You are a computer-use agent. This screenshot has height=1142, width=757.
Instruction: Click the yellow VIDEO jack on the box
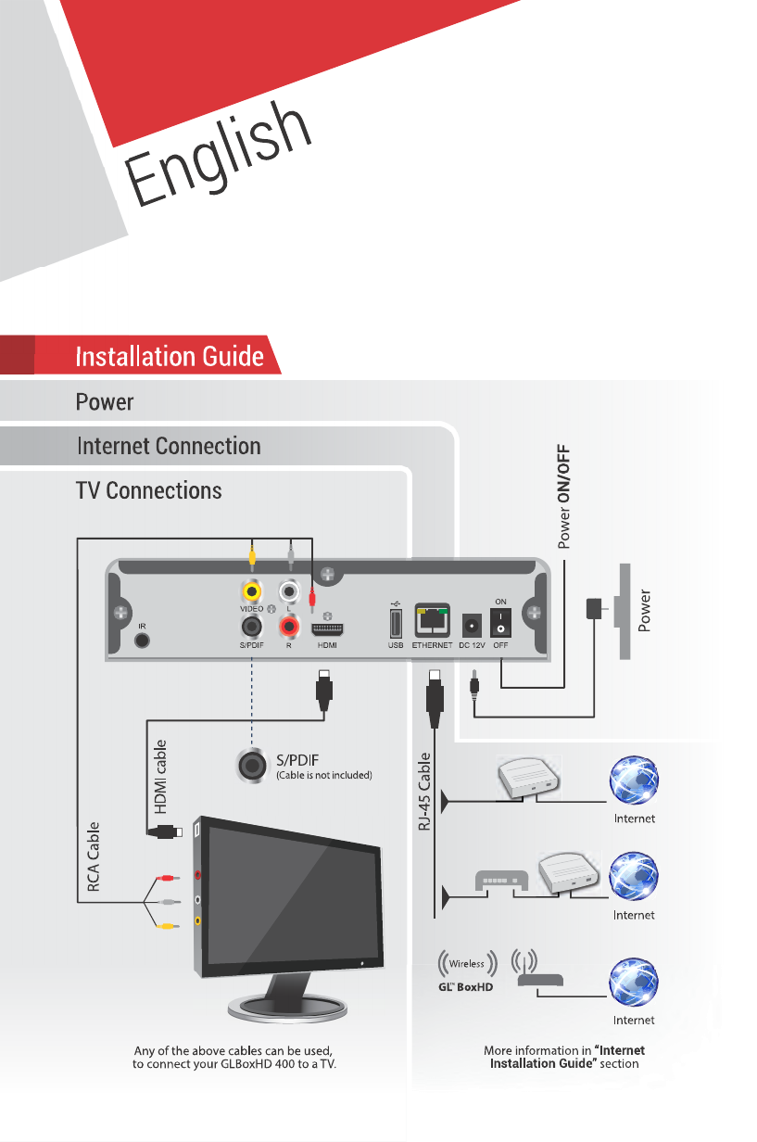click(x=250, y=590)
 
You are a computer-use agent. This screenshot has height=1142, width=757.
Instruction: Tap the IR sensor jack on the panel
click(x=142, y=640)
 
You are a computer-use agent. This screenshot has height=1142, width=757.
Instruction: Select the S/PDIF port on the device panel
click(x=250, y=627)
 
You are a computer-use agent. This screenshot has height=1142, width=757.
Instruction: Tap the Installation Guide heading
click(x=170, y=357)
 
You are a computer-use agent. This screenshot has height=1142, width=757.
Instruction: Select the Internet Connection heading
click(x=169, y=446)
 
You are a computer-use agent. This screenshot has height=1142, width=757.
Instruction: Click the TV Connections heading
click(x=148, y=489)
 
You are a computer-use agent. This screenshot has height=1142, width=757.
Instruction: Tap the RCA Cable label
click(x=94, y=856)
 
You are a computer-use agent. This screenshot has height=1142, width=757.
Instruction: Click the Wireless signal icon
click(x=467, y=964)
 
